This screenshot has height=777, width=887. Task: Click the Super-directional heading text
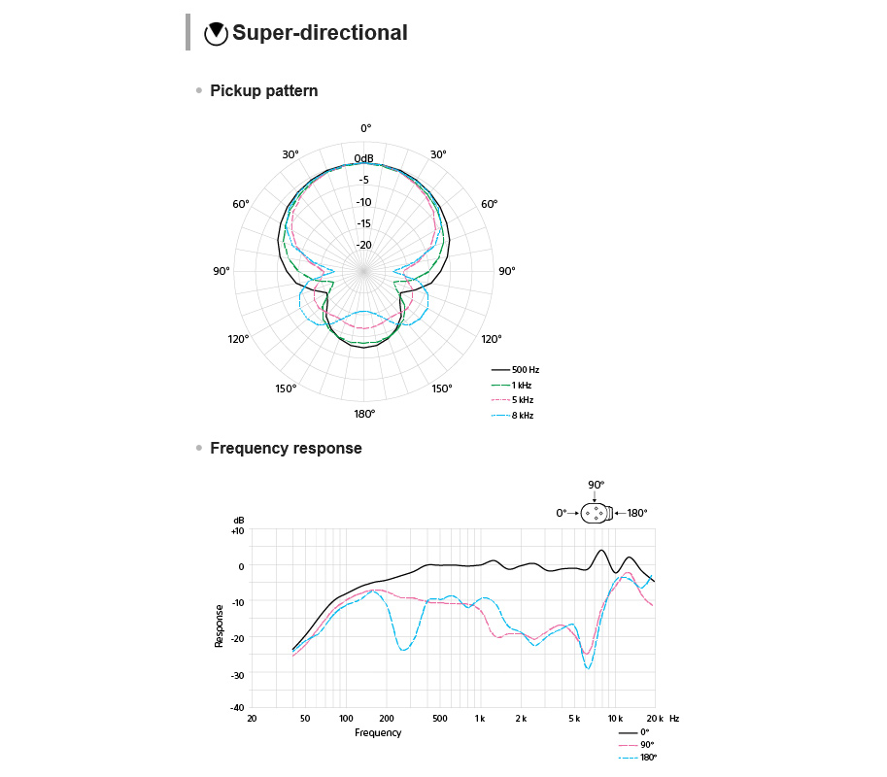point(320,33)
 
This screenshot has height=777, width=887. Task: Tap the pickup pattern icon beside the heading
point(216,33)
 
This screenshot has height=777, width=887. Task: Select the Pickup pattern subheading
point(263,91)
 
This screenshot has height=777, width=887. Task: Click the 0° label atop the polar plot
point(365,128)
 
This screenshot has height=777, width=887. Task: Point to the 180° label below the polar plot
point(364,414)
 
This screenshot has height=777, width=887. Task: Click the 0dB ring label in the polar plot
point(363,158)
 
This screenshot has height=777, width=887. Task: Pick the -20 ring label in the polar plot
point(363,245)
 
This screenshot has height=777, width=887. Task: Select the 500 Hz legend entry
point(516,370)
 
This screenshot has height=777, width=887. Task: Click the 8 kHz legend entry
point(514,416)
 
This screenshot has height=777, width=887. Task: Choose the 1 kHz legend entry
point(514,386)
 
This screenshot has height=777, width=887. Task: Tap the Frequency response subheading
point(286,449)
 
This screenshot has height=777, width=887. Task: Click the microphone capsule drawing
point(597,513)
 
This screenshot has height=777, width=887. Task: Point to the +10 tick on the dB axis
point(238,530)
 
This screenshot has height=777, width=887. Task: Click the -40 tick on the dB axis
point(238,707)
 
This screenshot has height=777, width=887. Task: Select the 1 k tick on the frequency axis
point(479,719)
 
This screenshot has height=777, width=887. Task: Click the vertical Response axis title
point(220,626)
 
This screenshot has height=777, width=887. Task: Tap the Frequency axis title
point(378,733)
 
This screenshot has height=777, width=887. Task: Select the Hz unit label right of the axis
point(674,719)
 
